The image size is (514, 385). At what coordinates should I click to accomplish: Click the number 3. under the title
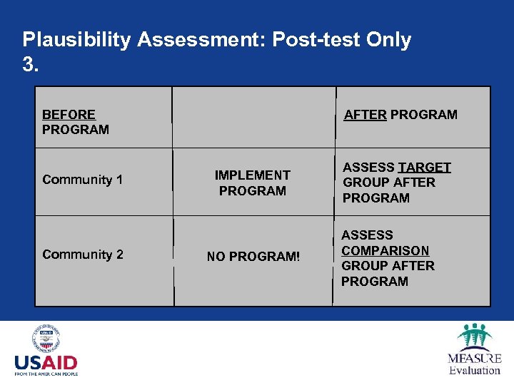click(30, 65)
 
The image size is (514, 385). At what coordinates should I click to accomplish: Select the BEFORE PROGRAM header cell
click(76, 122)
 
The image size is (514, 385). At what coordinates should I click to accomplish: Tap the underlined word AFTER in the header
click(365, 115)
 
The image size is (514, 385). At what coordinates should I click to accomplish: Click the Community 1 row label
click(82, 180)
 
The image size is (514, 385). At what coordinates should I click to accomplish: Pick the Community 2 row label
click(82, 255)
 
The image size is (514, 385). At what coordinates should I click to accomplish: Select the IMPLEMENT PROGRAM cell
click(253, 183)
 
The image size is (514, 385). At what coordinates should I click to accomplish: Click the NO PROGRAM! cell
click(253, 257)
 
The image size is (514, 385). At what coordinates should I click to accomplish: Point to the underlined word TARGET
click(425, 168)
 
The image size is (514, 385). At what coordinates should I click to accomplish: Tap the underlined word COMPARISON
click(385, 251)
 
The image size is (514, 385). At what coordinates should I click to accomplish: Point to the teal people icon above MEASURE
click(475, 336)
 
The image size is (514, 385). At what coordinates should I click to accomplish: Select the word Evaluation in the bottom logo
click(475, 370)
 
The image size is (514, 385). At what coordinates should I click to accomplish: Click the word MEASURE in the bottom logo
click(475, 358)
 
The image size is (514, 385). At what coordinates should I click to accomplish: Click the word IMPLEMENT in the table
click(253, 175)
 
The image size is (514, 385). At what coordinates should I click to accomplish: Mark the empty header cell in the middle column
click(253, 117)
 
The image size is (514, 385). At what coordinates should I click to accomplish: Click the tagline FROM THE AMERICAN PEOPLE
click(46, 373)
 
